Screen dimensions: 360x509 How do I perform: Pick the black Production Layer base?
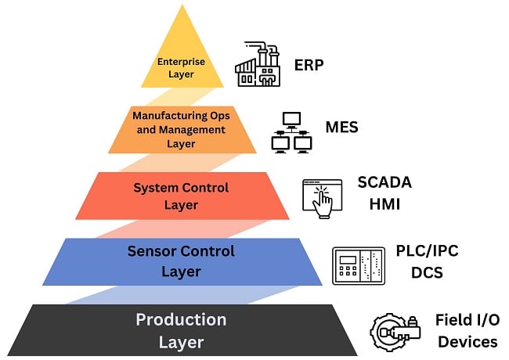point(180,331)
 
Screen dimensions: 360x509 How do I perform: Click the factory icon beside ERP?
point(258,65)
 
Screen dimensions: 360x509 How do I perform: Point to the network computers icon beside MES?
point(291,131)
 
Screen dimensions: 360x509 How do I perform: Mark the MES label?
point(341,125)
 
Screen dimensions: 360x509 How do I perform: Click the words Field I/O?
point(467,320)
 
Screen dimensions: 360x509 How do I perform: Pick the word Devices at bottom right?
point(467,341)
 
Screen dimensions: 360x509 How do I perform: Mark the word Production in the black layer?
point(181,320)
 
